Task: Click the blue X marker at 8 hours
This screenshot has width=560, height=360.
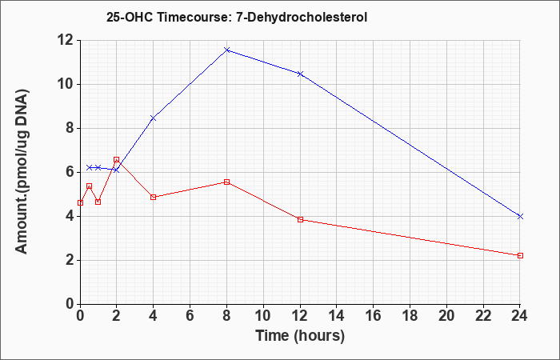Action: (x=226, y=50)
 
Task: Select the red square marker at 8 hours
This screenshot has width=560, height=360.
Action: (x=226, y=182)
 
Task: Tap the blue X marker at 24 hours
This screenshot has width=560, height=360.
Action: (x=520, y=217)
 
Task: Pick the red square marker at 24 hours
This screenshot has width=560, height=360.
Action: (x=520, y=256)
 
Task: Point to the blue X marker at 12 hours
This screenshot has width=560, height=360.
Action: (x=300, y=74)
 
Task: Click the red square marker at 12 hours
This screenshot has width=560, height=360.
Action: (x=300, y=220)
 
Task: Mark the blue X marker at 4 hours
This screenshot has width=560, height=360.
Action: (x=154, y=118)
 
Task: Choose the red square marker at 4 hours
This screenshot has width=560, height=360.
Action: (x=154, y=197)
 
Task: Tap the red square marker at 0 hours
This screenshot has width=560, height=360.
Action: (x=80, y=203)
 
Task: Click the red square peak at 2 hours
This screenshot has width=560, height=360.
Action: (x=117, y=160)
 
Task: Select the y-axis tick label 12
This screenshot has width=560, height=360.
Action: (x=66, y=40)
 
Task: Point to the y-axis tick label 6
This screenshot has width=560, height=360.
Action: (x=70, y=173)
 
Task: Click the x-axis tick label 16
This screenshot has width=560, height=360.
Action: (x=374, y=316)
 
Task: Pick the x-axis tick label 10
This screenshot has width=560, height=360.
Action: (x=263, y=316)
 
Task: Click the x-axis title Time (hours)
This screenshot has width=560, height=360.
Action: (x=300, y=336)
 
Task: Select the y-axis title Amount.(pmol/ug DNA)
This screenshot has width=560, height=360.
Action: (x=22, y=172)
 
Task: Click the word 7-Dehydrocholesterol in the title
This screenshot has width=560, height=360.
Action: (x=302, y=17)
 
